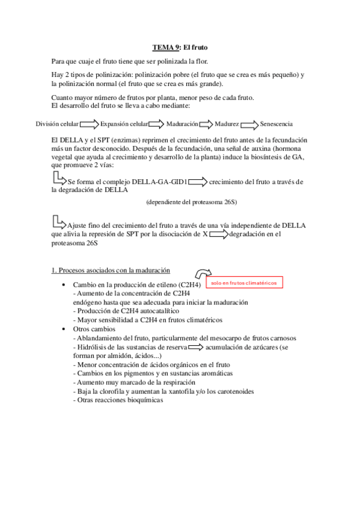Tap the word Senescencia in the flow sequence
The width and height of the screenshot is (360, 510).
click(276, 124)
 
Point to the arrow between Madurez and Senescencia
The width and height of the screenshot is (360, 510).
click(249, 124)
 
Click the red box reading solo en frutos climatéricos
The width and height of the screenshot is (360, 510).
click(245, 281)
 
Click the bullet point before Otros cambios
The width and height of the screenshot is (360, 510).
click(64, 330)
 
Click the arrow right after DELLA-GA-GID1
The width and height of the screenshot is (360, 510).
click(197, 182)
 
